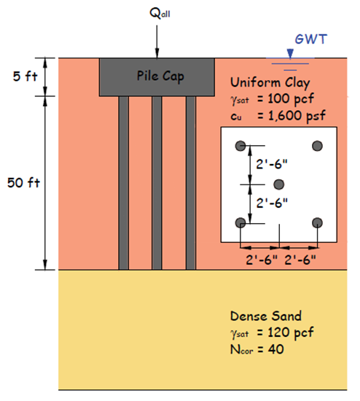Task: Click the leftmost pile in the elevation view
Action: pyautogui.click(x=123, y=182)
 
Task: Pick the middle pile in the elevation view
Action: pyautogui.click(x=157, y=182)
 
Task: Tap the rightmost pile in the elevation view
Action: pyautogui.click(x=191, y=182)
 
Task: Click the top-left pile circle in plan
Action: pyautogui.click(x=240, y=146)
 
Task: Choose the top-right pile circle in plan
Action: pyautogui.click(x=317, y=146)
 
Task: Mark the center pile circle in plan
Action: pyautogui.click(x=278, y=184)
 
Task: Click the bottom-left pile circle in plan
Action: pyautogui.click(x=240, y=222)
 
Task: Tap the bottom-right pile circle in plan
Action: pyautogui.click(x=317, y=222)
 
